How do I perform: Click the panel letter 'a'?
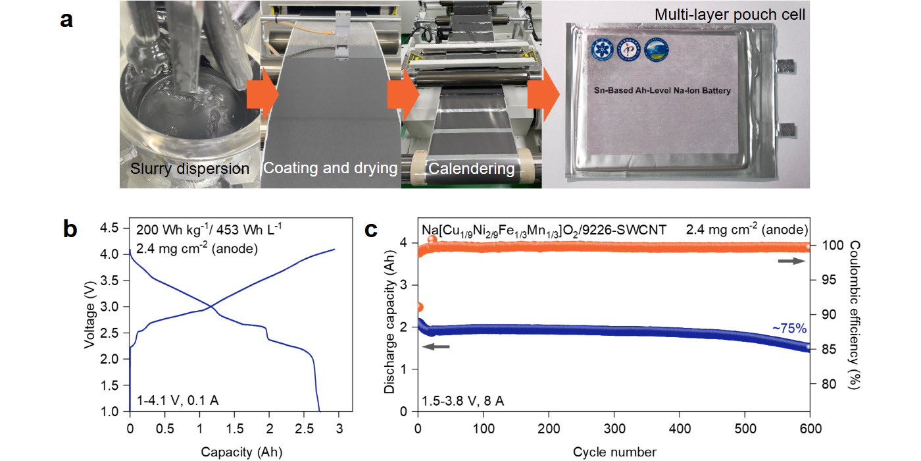pyautogui.click(x=66, y=20)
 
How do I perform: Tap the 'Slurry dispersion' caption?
pyautogui.click(x=189, y=169)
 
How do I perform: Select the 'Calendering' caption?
pyautogui.click(x=471, y=169)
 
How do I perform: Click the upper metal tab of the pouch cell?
pyautogui.click(x=784, y=67)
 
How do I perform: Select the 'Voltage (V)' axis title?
pyautogui.click(x=90, y=319)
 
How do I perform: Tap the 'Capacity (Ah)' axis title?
pyautogui.click(x=235, y=452)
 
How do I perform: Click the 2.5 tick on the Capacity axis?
pyautogui.click(x=305, y=427)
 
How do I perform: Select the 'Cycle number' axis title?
pyautogui.click(x=614, y=452)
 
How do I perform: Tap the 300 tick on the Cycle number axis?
pyautogui.click(x=614, y=427)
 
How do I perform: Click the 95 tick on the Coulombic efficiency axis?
pyautogui.click(x=825, y=280)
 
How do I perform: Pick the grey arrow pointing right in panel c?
pyautogui.click(x=791, y=261)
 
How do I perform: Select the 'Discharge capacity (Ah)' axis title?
pyautogui.click(x=389, y=319)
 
